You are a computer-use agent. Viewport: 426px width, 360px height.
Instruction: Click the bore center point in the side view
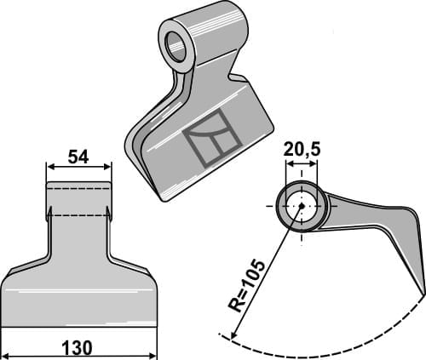[300, 205]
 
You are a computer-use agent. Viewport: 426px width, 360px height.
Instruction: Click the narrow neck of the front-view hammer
[78, 230]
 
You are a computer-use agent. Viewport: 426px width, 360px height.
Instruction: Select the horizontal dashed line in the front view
[78, 215]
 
